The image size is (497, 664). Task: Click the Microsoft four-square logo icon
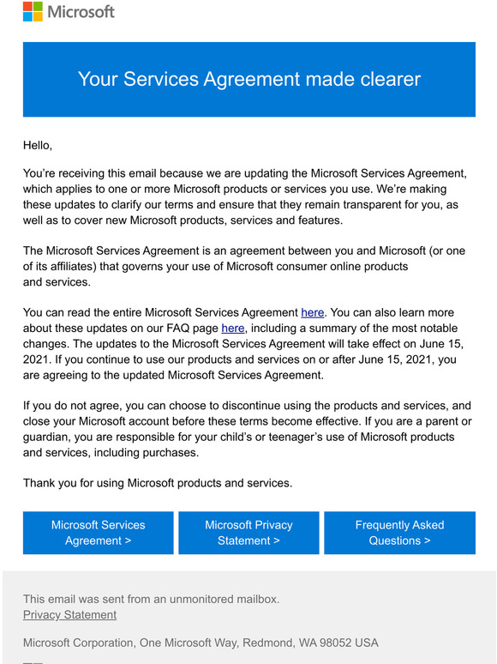(33, 12)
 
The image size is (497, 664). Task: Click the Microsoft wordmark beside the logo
(81, 12)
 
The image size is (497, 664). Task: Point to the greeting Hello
(38, 145)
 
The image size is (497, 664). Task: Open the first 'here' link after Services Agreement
(313, 313)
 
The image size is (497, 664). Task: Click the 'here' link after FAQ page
(233, 329)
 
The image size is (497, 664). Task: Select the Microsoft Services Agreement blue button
(99, 533)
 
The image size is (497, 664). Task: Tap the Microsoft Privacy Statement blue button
(248, 533)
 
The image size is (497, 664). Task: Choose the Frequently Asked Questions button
(399, 533)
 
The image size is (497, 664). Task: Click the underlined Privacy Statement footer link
(69, 614)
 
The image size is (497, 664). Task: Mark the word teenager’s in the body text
(279, 438)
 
